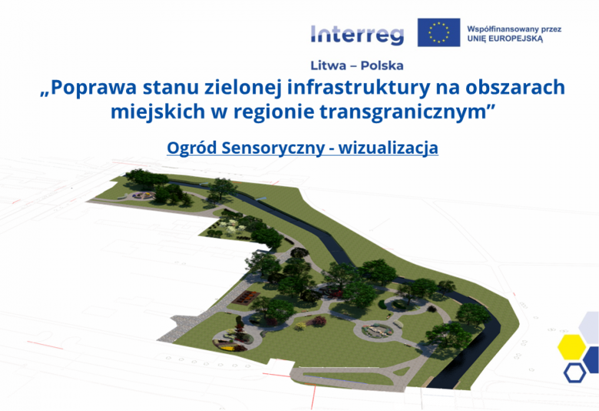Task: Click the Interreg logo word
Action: [357, 35]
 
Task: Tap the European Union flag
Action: [438, 32]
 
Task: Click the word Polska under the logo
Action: [382, 66]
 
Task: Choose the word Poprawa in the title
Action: [94, 88]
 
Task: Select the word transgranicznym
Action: [402, 112]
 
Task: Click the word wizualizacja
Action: [388, 147]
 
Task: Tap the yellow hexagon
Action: [571, 346]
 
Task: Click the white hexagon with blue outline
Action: [574, 373]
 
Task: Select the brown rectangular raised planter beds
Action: [245, 297]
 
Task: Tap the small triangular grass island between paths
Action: [401, 371]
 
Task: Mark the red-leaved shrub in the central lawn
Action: [319, 321]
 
